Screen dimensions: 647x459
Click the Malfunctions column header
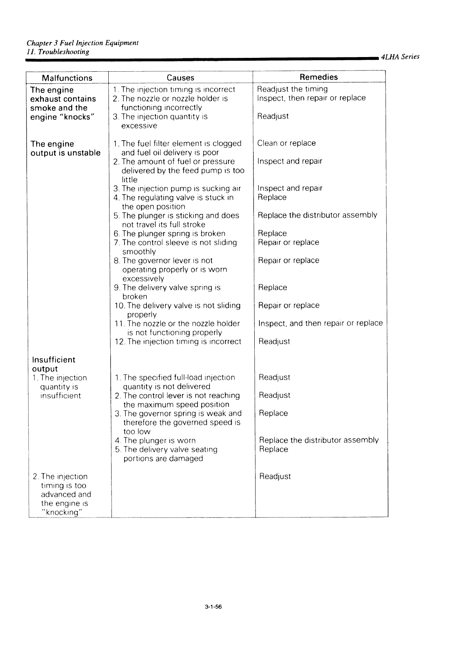click(67, 78)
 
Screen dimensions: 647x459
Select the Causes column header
click(181, 78)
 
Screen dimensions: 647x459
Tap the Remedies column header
click(319, 77)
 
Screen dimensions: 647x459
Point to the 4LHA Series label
click(400, 57)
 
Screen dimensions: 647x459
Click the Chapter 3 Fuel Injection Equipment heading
click(83, 43)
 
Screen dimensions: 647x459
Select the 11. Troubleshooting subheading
click(58, 52)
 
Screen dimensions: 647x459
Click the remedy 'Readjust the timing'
click(292, 89)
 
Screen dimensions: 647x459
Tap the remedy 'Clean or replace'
click(286, 143)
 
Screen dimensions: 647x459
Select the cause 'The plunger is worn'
click(159, 441)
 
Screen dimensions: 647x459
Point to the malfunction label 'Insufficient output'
click(54, 364)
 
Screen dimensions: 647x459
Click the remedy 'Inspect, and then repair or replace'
click(321, 323)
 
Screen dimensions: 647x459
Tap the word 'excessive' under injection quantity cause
click(139, 126)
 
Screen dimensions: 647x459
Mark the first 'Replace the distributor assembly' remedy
click(317, 215)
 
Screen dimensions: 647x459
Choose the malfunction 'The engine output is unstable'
click(65, 149)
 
